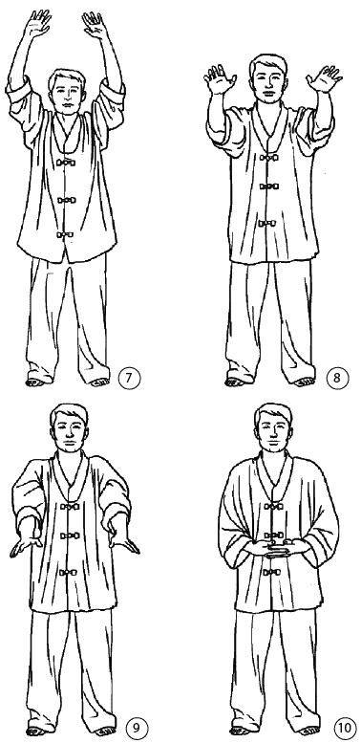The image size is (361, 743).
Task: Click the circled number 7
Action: pos(127,379)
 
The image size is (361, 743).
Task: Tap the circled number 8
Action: pos(336,379)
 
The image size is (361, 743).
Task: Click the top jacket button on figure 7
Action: pos(65,163)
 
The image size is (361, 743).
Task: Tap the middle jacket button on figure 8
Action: pos(269,186)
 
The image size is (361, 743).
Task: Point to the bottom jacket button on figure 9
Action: pos(69,573)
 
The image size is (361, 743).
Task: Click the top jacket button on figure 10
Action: pos(273,506)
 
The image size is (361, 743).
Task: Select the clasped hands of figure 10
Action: pos(274,548)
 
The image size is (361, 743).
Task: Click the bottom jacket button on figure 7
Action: pos(65,234)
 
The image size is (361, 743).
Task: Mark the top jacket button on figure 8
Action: pos(269,158)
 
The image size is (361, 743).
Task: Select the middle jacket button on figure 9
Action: pos(69,535)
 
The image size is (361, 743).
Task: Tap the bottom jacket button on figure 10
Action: pos(272,573)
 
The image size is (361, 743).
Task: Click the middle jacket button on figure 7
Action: pos(66,200)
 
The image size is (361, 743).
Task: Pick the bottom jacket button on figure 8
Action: pos(267,223)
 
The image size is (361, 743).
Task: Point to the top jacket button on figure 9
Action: pos(69,506)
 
